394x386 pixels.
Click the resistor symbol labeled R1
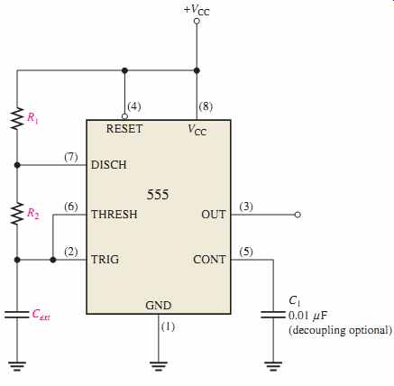pyautogui.click(x=17, y=118)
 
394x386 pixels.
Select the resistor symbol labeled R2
pyautogui.click(x=17, y=213)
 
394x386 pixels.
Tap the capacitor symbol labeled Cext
pyautogui.click(x=17, y=315)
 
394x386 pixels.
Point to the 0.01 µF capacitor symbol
pyautogui.click(x=273, y=315)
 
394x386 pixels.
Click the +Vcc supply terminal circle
pyautogui.click(x=197, y=21)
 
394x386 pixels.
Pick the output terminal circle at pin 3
pyautogui.click(x=298, y=215)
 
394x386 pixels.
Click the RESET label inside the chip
pyautogui.click(x=124, y=129)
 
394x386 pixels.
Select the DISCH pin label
pyautogui.click(x=109, y=165)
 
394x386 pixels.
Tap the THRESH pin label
pyautogui.click(x=115, y=215)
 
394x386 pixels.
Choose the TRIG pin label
pyautogui.click(x=105, y=260)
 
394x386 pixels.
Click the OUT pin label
pyautogui.click(x=213, y=215)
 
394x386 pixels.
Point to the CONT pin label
pyautogui.click(x=209, y=260)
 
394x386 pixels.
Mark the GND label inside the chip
pyautogui.click(x=159, y=306)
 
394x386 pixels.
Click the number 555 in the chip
pyautogui.click(x=158, y=195)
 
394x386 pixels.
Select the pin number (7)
pyautogui.click(x=71, y=157)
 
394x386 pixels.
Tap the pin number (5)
pyautogui.click(x=246, y=252)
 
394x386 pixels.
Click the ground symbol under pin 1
pyautogui.click(x=159, y=366)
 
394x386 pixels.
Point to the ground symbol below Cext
pyautogui.click(x=17, y=366)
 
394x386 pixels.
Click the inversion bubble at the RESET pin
pyautogui.click(x=124, y=116)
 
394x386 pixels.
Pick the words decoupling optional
pyautogui.click(x=340, y=330)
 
